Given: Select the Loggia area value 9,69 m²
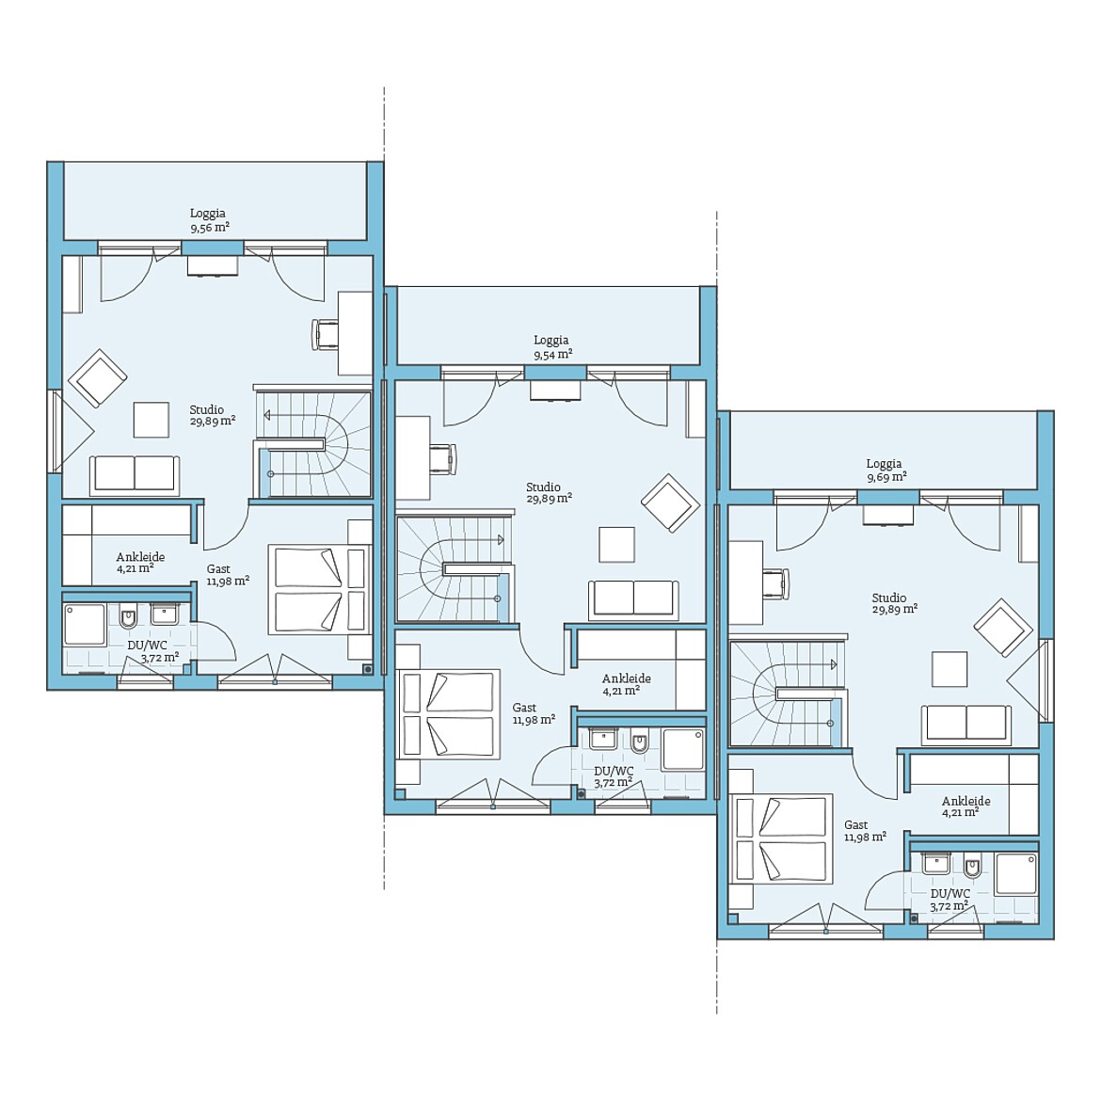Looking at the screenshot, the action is [x=886, y=477].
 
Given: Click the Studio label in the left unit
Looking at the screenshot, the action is [x=206, y=409].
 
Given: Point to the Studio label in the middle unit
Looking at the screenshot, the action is [x=544, y=487].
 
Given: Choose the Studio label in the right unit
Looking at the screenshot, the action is [x=889, y=598].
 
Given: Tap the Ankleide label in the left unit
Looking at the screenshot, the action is [x=140, y=557].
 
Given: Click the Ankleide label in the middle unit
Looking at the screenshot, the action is [x=627, y=678].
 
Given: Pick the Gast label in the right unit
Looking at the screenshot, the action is [x=856, y=825].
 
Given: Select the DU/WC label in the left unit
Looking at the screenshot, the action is [x=148, y=646].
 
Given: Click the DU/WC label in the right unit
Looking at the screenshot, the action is [x=950, y=894].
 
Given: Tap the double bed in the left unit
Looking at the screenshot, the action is [x=320, y=590].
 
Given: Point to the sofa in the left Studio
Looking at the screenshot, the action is [x=135, y=474].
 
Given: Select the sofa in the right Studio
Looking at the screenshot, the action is [x=966, y=724].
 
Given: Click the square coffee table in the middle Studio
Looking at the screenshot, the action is [x=616, y=545].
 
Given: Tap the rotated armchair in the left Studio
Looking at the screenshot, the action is [x=98, y=377].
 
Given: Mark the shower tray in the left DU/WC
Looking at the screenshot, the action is [x=85, y=626].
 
